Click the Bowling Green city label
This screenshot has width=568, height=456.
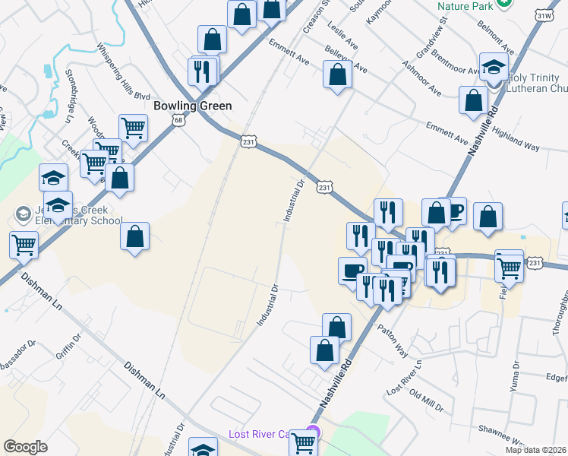pos(192,106)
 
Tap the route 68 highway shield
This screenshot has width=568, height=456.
pos(178,120)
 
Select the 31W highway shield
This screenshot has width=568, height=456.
pos(543,15)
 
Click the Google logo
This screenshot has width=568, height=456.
pos(25,447)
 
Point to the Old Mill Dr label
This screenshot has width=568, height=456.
pos(426,401)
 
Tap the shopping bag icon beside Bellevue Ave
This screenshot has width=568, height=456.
pos(337,75)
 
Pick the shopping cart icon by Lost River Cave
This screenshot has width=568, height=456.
pos(304,442)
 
